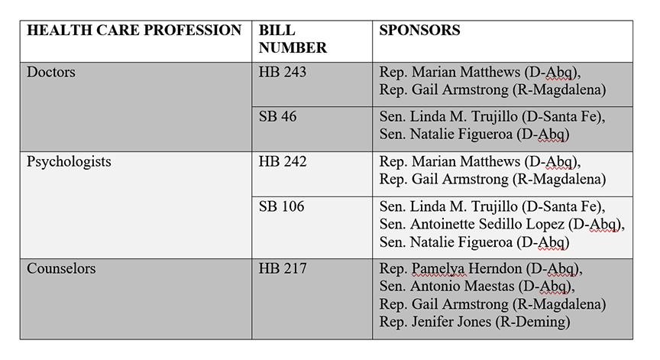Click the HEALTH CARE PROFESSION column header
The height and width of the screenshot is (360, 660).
coord(134,31)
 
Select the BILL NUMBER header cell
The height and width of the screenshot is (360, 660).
coord(293,39)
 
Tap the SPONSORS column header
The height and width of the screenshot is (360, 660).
coord(419,31)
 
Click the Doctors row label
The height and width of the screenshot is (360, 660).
coord(51,73)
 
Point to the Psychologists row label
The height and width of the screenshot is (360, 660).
coord(69,162)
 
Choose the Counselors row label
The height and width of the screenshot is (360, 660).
coord(62,269)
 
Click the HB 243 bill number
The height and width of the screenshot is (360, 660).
coord(284,73)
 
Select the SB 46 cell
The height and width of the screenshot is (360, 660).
coord(278,117)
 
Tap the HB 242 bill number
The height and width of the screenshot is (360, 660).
coord(284,162)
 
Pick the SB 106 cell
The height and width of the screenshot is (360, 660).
coord(282,206)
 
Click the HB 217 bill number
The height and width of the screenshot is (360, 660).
coord(284,269)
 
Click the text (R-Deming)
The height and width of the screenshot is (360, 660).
coord(533,322)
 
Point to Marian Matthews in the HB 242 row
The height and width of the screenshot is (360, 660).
coord(466,162)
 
